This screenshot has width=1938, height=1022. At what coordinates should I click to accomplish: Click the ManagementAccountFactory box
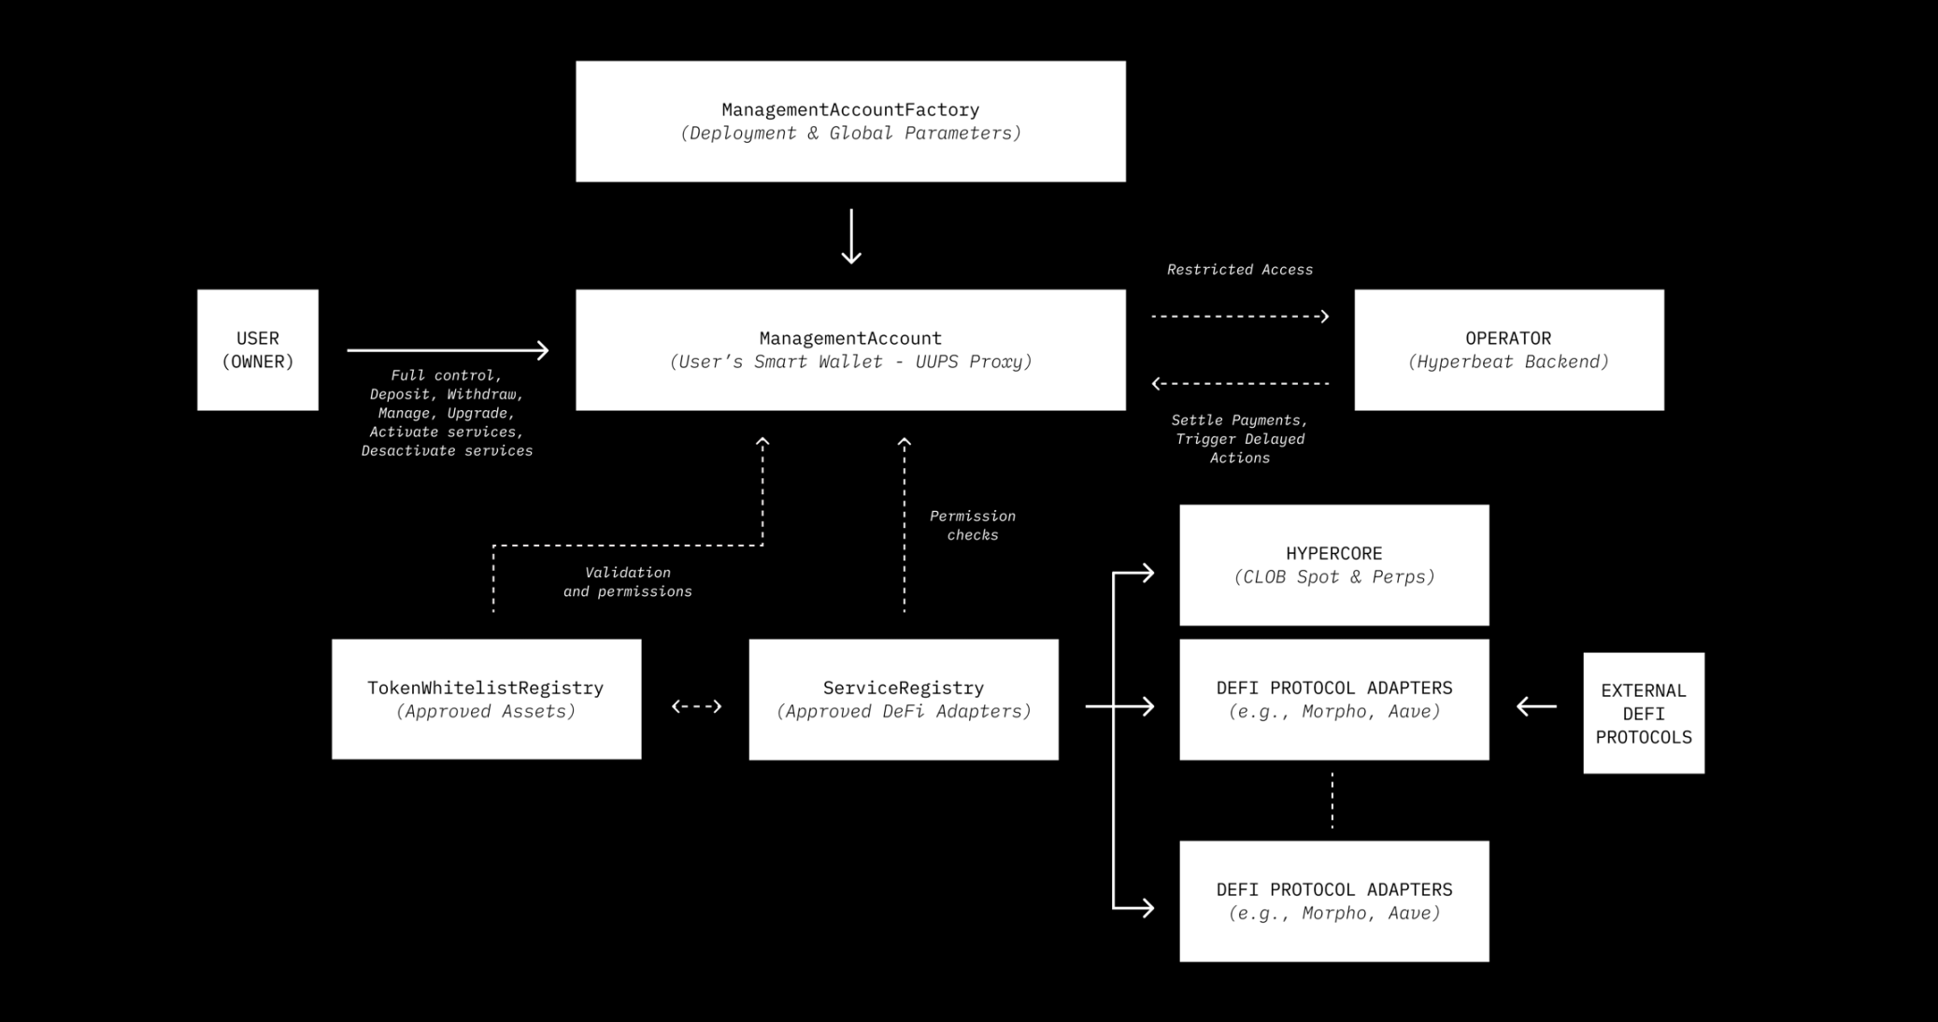click(x=850, y=121)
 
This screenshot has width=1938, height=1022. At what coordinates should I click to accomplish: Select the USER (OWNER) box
click(x=258, y=349)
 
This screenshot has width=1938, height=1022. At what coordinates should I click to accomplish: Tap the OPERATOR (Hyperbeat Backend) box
click(x=1508, y=349)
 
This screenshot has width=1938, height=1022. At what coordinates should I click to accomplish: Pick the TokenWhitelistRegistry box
click(x=486, y=699)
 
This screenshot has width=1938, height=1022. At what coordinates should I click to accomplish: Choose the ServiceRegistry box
click(x=903, y=699)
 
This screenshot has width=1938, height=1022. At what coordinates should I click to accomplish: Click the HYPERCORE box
click(x=1333, y=564)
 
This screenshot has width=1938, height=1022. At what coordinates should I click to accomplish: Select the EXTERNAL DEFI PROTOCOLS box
click(x=1643, y=713)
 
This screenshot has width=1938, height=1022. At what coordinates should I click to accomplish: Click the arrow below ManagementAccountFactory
click(x=850, y=236)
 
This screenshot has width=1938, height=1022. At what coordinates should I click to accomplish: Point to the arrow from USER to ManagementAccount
click(x=448, y=350)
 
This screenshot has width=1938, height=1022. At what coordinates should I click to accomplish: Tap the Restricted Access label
click(x=1239, y=270)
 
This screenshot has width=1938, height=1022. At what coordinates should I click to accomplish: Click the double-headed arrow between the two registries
click(x=696, y=706)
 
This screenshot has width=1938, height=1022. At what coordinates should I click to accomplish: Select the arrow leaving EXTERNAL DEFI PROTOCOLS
click(x=1536, y=706)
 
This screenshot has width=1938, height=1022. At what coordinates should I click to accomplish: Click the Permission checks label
click(x=972, y=525)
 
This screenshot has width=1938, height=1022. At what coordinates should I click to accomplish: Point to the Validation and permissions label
click(x=627, y=582)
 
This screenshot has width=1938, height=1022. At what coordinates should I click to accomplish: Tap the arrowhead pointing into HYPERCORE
click(x=1146, y=573)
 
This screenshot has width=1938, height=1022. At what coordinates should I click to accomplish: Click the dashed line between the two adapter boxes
click(x=1332, y=801)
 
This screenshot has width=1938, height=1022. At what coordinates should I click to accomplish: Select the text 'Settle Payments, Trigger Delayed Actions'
click(x=1239, y=439)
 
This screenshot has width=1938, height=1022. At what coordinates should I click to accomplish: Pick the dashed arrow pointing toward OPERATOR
click(x=1239, y=317)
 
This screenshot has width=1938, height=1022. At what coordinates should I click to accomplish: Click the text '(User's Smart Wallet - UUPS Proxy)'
click(x=850, y=362)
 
